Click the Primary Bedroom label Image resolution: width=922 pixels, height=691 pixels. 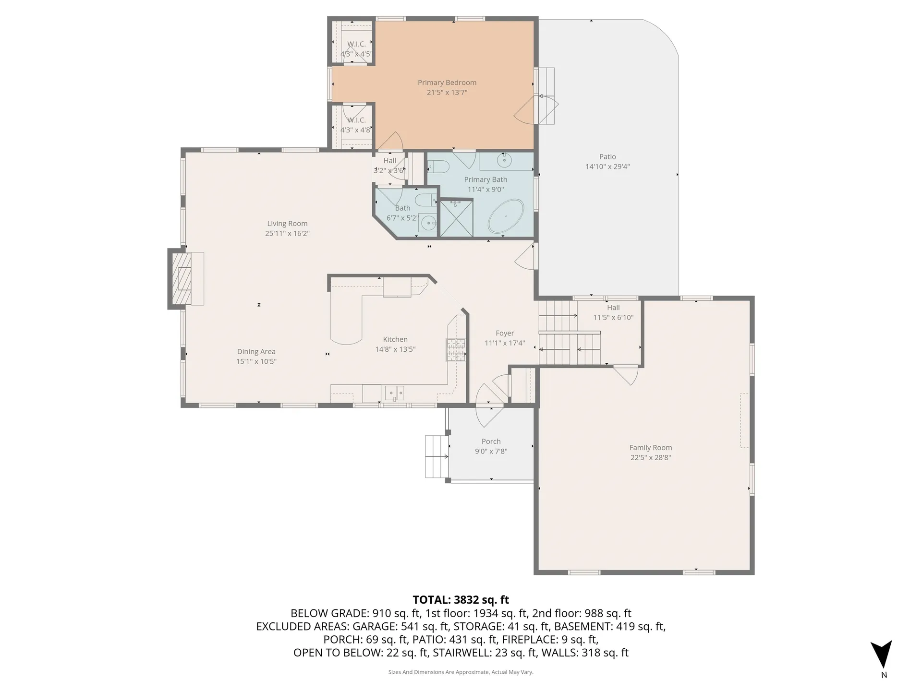[447, 83]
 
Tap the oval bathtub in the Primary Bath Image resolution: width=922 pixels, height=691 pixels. [506, 216]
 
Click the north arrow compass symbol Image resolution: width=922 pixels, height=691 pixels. [883, 655]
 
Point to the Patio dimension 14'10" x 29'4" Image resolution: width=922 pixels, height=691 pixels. [607, 167]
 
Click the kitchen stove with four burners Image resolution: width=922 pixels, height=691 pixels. [456, 349]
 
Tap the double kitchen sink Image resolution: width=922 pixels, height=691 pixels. [395, 393]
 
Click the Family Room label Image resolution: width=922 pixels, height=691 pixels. [650, 447]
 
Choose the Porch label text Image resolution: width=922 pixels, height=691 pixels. [491, 441]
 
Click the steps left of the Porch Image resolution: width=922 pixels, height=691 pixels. [436, 456]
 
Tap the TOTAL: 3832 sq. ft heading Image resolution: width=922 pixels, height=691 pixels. [461, 600]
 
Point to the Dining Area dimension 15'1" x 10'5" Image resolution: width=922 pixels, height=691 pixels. [256, 361]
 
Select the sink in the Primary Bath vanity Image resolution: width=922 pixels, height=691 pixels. [504, 161]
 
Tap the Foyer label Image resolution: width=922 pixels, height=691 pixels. [504, 333]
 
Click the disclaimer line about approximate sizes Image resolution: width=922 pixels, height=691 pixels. [461, 672]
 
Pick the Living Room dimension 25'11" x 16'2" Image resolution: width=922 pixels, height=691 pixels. [287, 233]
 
